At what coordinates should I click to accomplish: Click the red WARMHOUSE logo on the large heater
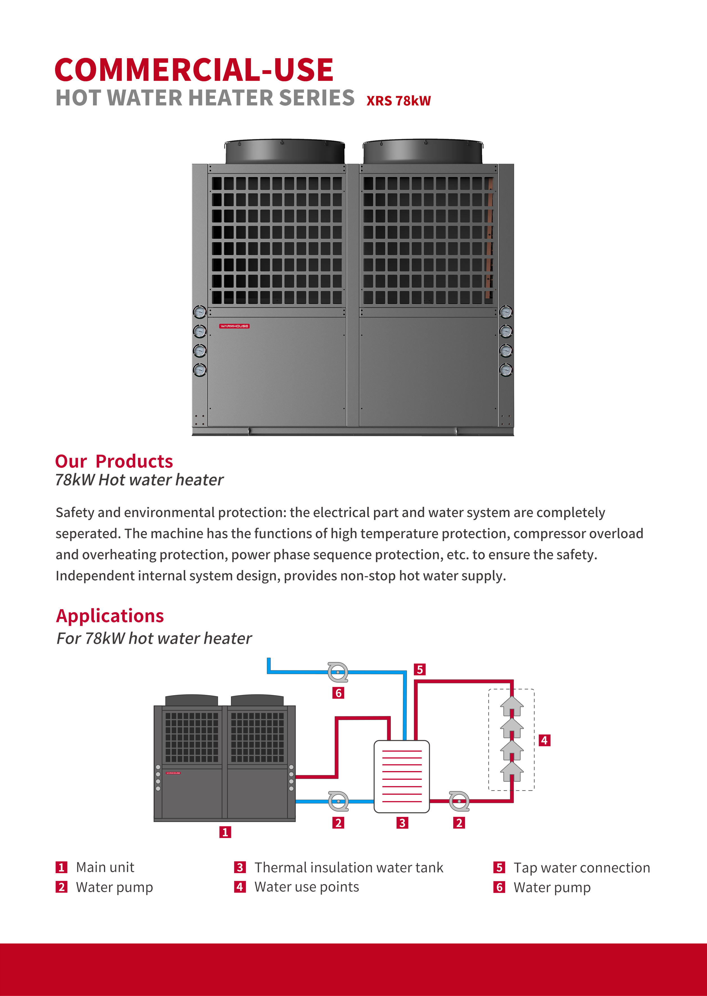(234, 326)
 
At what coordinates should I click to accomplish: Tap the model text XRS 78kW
(398, 101)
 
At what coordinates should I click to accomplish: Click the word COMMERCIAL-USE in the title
(194, 70)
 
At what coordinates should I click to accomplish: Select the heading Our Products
(114, 461)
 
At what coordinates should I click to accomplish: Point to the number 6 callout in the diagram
(338, 692)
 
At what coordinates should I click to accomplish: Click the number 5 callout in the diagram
(420, 669)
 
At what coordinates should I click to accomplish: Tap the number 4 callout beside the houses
(544, 740)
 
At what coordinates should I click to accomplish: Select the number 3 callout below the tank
(402, 823)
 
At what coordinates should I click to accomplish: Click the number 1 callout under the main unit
(225, 832)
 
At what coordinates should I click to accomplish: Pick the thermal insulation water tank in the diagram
(402, 776)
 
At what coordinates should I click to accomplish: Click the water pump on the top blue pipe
(338, 672)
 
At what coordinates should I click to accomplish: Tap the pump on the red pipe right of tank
(459, 801)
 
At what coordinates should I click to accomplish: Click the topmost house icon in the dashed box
(512, 706)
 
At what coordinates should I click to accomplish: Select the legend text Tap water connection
(582, 868)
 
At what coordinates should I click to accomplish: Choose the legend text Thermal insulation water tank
(349, 868)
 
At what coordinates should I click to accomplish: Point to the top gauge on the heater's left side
(200, 312)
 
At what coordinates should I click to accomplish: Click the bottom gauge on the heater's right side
(506, 370)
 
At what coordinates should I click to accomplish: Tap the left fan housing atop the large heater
(285, 152)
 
